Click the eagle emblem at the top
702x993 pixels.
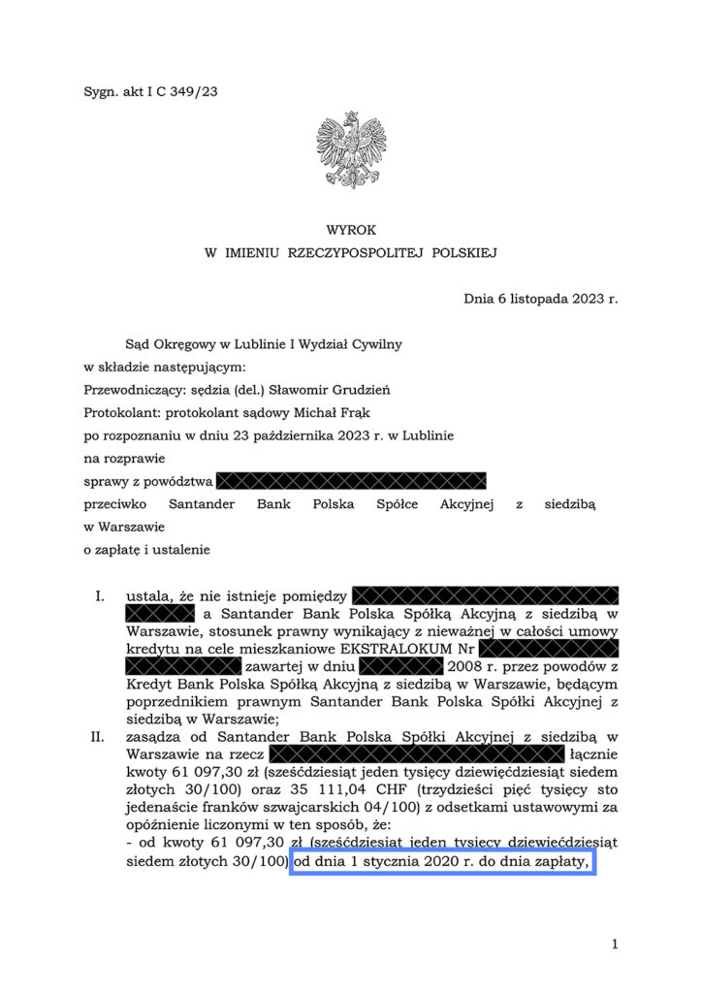(351, 151)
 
